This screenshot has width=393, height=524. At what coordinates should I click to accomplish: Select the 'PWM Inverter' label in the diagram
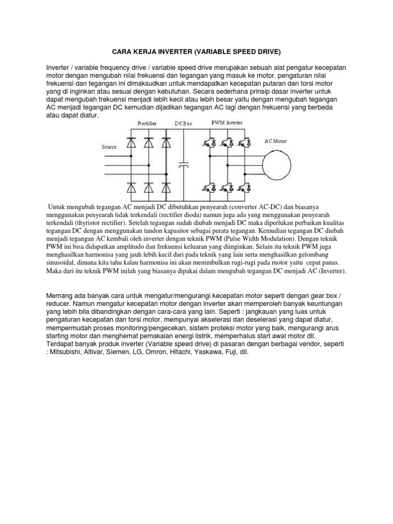click(x=227, y=123)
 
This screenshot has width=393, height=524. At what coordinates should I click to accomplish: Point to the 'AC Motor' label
click(x=276, y=140)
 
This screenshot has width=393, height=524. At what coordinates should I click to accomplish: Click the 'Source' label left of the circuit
click(x=109, y=147)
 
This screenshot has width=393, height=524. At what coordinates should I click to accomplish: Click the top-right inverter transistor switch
click(x=246, y=142)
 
